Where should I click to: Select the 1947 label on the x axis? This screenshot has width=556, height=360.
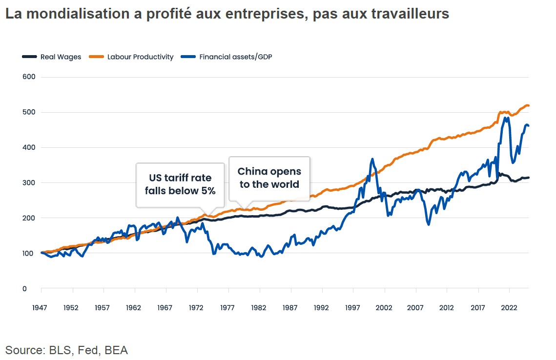point(41,308)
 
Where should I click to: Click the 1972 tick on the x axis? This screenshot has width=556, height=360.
point(197,308)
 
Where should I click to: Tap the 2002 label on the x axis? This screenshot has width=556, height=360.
point(384,308)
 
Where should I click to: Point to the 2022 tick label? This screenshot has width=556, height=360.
point(509,308)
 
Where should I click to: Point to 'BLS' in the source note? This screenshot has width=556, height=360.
point(61,350)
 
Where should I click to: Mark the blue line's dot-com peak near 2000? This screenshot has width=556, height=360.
point(372,159)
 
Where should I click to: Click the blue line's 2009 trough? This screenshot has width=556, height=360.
point(429,224)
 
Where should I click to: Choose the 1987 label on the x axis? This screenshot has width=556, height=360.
point(291,308)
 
